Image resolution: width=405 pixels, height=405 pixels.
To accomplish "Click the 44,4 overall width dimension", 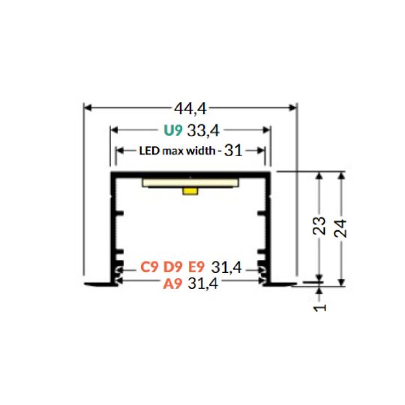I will (190, 109).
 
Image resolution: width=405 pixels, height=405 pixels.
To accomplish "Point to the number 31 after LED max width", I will (233, 151).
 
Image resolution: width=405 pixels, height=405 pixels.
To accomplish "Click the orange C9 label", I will (148, 267).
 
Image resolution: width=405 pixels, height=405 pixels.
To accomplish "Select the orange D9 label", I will (173, 267).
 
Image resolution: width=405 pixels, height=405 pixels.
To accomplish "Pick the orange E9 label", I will (196, 267).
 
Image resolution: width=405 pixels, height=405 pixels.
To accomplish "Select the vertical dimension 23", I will (319, 226).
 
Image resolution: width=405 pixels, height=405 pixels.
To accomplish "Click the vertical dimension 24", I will (341, 226).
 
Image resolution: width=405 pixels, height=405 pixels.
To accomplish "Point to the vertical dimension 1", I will (319, 307).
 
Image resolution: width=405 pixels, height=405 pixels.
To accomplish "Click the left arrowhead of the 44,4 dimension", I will (87, 108).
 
